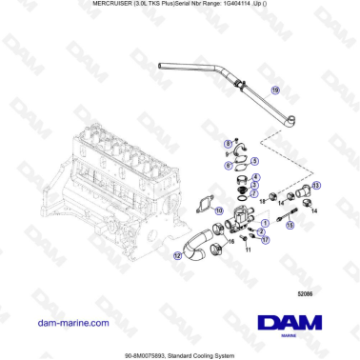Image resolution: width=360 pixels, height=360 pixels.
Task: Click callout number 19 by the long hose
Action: tap(276, 90)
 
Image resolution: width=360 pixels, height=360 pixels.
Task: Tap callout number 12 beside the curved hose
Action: tap(178, 255)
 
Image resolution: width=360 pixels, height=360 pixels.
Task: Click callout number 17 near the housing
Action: tap(266, 241)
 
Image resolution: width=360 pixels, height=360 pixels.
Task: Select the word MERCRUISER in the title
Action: tap(94, 6)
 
